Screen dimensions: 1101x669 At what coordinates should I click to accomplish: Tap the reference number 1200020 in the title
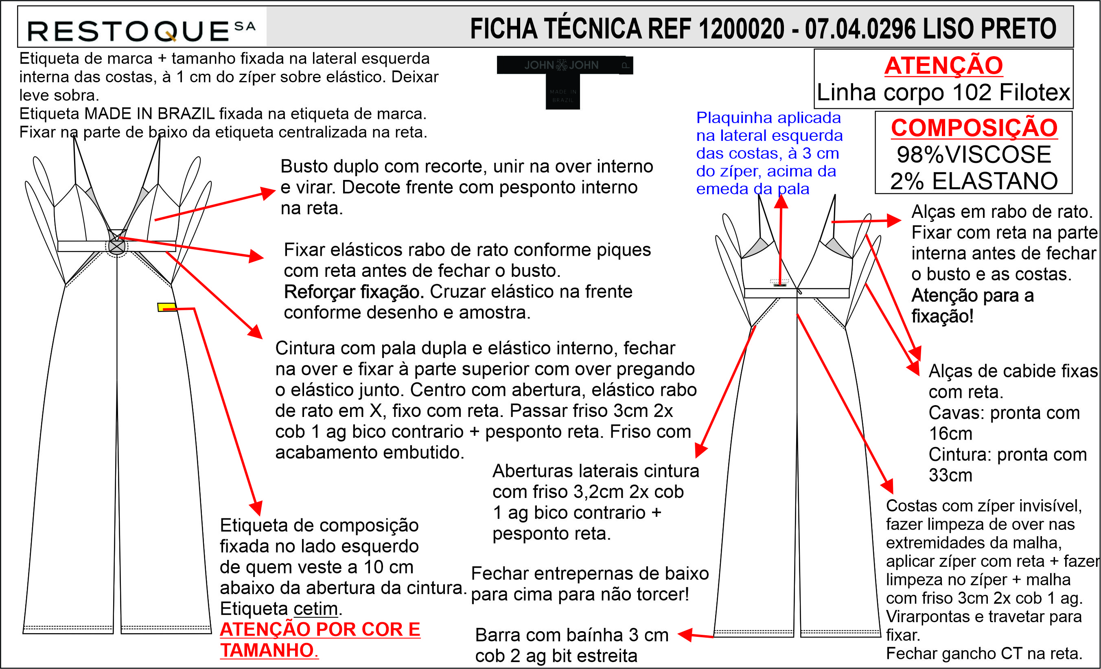tap(741, 29)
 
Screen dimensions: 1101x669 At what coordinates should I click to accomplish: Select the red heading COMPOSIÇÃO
tap(974, 128)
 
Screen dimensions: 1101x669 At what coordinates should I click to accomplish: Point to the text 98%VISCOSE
tap(974, 155)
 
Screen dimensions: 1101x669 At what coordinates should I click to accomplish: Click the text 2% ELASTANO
tap(974, 181)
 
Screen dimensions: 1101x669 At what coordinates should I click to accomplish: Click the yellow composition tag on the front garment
tap(166, 307)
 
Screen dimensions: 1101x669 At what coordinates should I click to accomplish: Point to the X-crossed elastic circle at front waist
tap(117, 246)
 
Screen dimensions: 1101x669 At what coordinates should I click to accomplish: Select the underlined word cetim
tap(315, 609)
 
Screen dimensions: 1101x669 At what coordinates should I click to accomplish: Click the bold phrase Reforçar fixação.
tap(354, 292)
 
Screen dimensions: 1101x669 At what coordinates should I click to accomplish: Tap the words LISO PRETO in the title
tap(990, 29)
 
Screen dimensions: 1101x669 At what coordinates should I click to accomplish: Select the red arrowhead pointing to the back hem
tap(685, 634)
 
